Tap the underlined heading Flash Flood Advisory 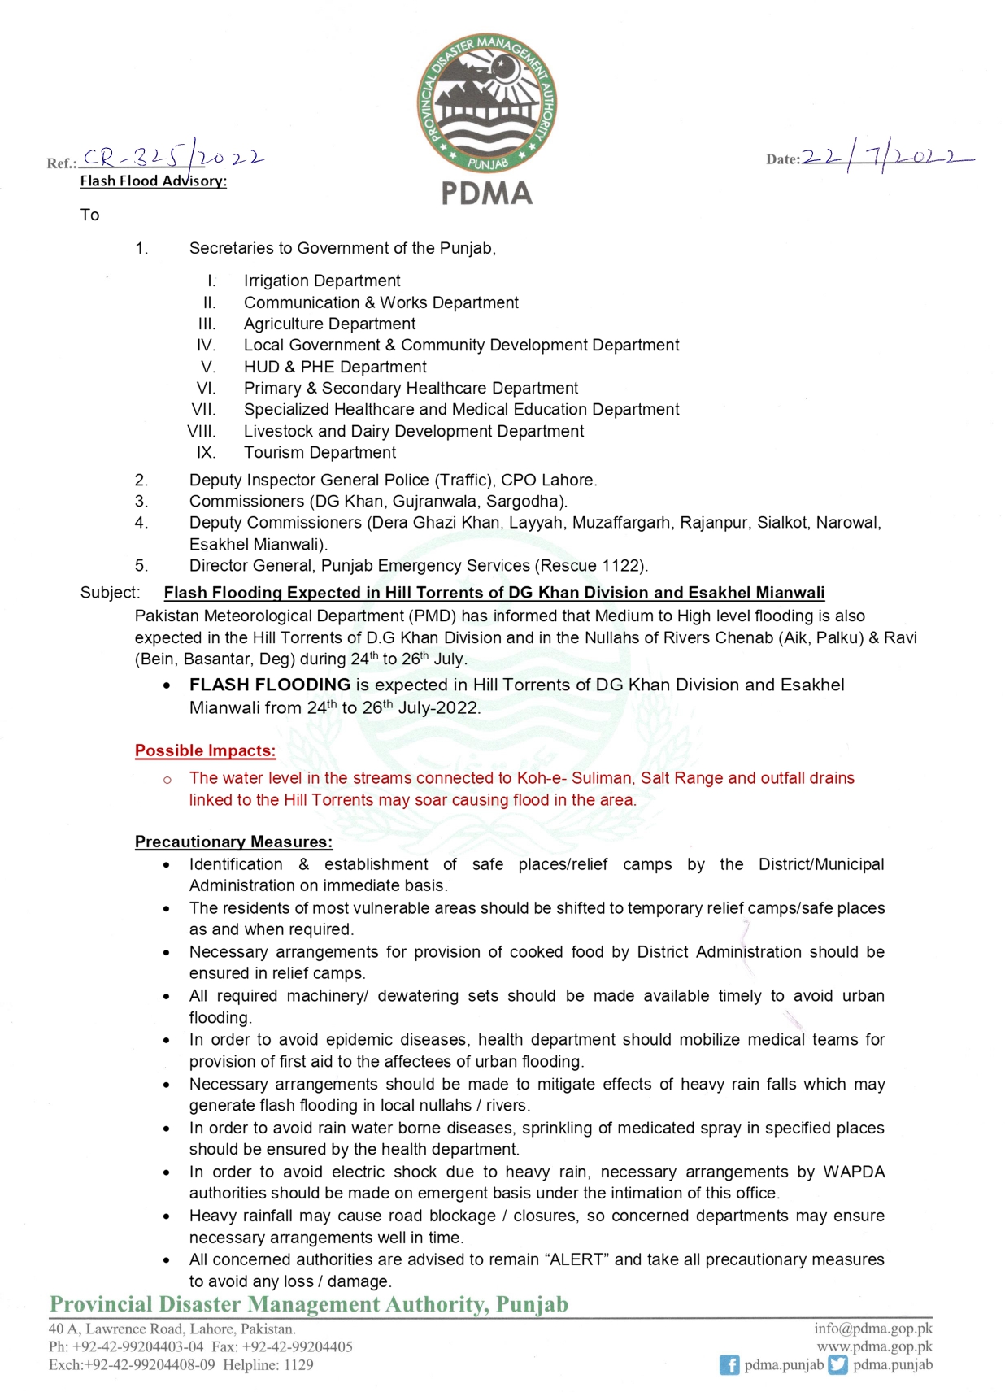(153, 181)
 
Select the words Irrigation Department (322, 281)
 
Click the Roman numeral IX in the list (206, 452)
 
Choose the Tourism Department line (320, 452)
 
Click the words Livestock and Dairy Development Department (413, 431)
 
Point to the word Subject (109, 593)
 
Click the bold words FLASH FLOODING (270, 685)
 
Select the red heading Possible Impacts (205, 750)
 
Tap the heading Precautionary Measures (233, 842)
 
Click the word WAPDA (854, 1172)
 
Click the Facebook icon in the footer (729, 1365)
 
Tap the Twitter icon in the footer (837, 1365)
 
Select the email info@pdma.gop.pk (872, 1328)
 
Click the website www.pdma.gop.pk (874, 1346)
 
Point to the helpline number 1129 (298, 1365)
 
